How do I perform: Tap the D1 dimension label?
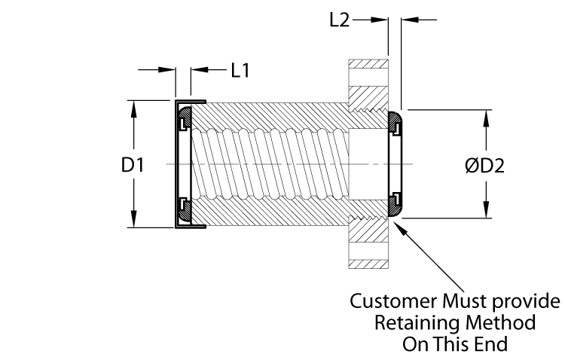pos(133,164)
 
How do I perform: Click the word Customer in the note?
pos(385,303)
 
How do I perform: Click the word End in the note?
pos(494,344)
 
